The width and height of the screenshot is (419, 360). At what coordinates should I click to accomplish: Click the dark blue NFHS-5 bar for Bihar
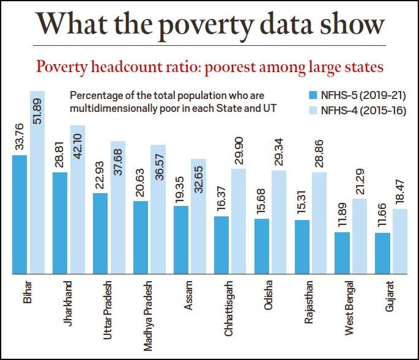coord(19,214)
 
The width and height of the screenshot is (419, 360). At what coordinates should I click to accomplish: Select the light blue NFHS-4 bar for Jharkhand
coord(78,199)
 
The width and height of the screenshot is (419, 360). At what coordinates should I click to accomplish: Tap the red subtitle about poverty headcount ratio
coord(209,66)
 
